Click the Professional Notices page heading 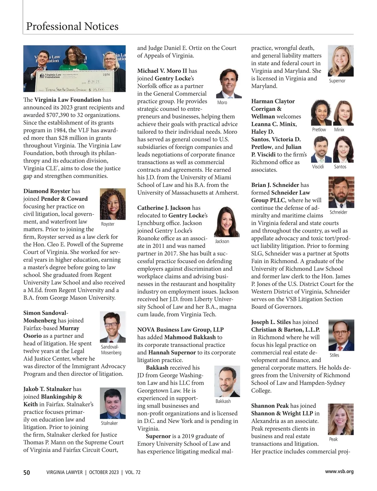tap(72, 26)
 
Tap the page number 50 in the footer tap(27, 472)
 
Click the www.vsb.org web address tap(339, 471)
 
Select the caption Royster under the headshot tap(107, 224)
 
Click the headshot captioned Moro tap(229, 84)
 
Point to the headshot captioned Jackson tap(227, 222)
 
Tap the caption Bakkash tap(223, 401)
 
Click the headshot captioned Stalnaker tap(112, 403)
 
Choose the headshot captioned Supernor tap(341, 61)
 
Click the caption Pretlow tap(319, 130)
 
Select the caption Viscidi tap(318, 167)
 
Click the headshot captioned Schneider tap(341, 192)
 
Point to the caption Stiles tap(334, 355)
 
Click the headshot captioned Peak tap(341, 419)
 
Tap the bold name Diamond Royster tap(47, 191)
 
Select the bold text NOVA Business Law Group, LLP tap(180, 330)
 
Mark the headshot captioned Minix tap(343, 112)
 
